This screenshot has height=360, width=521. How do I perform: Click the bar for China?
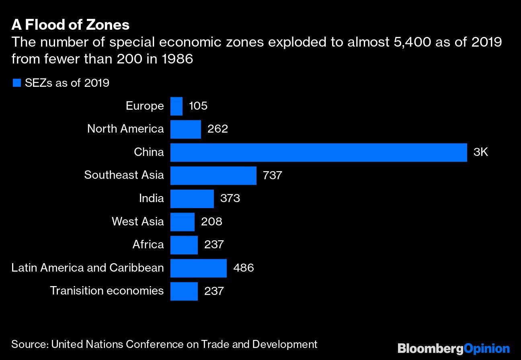pos(318,152)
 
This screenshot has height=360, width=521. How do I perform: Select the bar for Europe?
pos(176,106)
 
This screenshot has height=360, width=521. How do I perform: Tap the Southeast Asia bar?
pos(213,176)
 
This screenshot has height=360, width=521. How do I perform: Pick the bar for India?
pos(192,198)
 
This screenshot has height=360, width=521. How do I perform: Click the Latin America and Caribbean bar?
pos(198,268)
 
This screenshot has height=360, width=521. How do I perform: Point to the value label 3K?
pos(481,152)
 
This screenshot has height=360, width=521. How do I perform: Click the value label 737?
pos(273,176)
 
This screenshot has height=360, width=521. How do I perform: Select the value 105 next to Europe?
pos(198,106)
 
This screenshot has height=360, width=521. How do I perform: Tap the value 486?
pos(244,268)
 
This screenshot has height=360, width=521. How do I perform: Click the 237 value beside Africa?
pos(214,245)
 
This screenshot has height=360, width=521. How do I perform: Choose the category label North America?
pos(125,129)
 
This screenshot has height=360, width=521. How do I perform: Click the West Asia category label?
pos(137,221)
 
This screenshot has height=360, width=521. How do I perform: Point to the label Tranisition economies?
pos(107,291)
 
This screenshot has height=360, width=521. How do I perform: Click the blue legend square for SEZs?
pos(16,83)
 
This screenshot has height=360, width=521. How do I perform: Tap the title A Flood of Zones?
pos(70,25)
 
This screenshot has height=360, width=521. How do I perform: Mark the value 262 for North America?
pos(217,129)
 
